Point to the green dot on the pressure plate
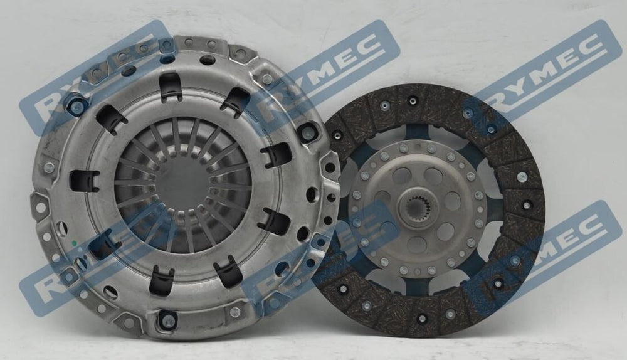pyautogui.click(x=74, y=243)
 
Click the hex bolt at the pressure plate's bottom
pyautogui.click(x=167, y=319)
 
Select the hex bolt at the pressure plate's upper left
pyautogui.click(x=75, y=107)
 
